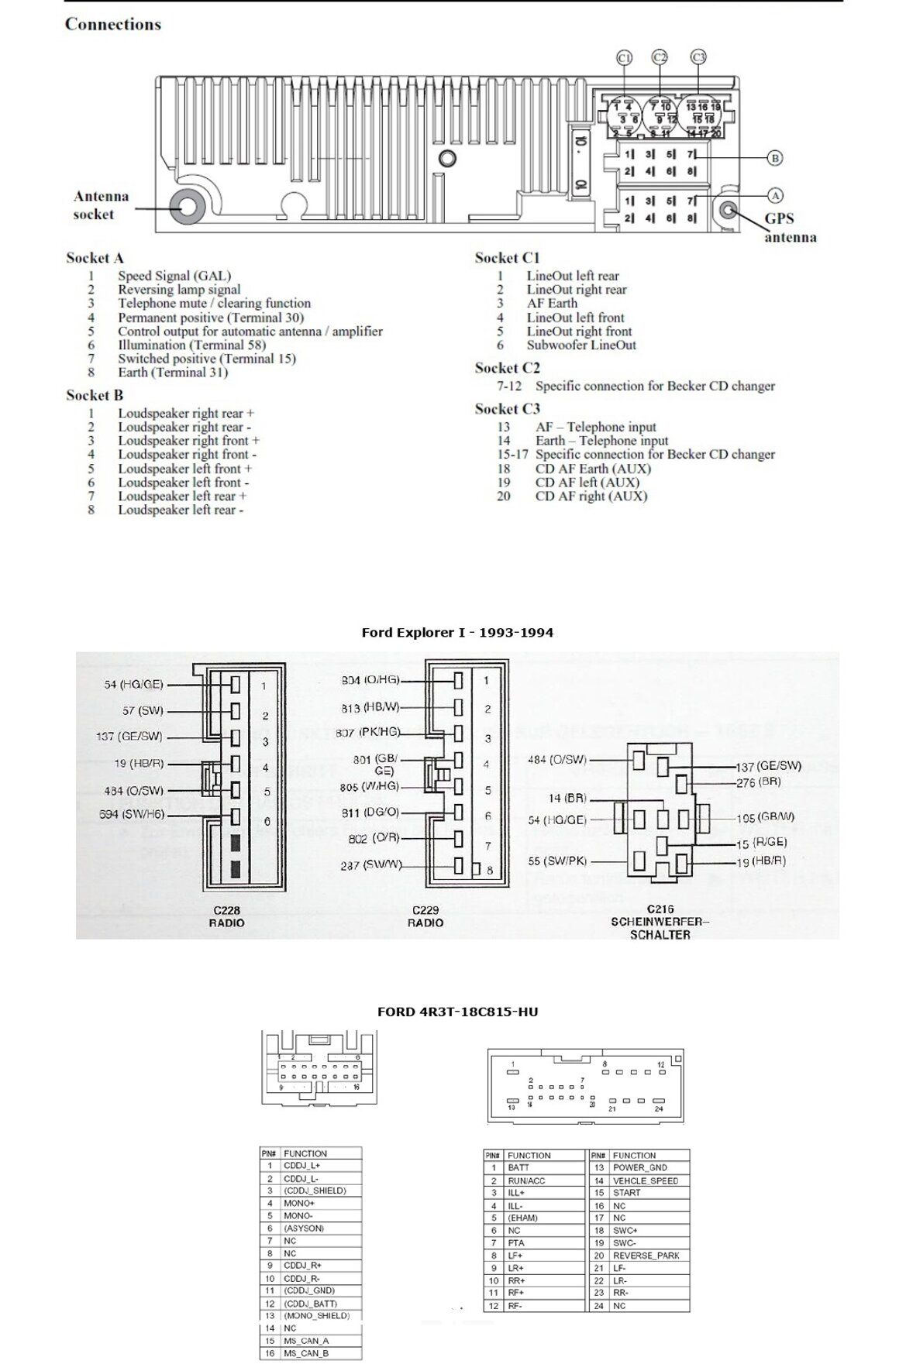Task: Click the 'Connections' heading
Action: [x=113, y=24]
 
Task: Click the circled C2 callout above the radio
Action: [x=660, y=57]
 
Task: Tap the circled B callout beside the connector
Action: [x=774, y=158]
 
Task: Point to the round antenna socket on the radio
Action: [x=188, y=208]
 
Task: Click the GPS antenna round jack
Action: [x=728, y=209]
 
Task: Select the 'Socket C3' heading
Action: [x=507, y=409]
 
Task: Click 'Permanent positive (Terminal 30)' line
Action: [x=210, y=318]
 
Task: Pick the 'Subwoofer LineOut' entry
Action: [x=580, y=345]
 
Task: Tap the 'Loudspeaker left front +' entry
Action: [x=184, y=469]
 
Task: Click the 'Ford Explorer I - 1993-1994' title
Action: [x=457, y=633]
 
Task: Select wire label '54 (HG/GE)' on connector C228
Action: [x=134, y=685]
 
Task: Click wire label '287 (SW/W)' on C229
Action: [x=370, y=865]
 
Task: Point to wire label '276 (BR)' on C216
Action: [x=758, y=782]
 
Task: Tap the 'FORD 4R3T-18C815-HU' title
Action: [x=457, y=1012]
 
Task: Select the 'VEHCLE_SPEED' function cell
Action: [x=646, y=1180]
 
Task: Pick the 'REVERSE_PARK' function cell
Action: [x=646, y=1256]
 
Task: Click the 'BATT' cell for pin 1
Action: [x=518, y=1167]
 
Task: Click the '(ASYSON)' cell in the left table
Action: [x=304, y=1228]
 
